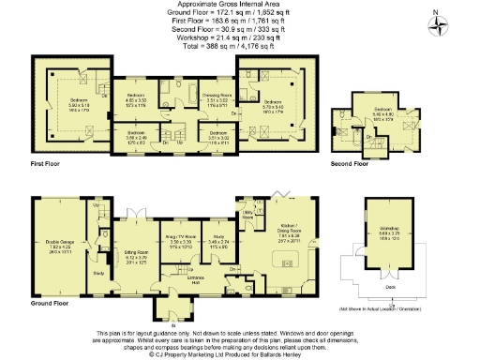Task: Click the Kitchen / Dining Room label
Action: (289, 228)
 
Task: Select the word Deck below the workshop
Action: (387, 287)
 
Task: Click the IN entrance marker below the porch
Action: (173, 324)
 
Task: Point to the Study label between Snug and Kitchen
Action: (221, 238)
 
